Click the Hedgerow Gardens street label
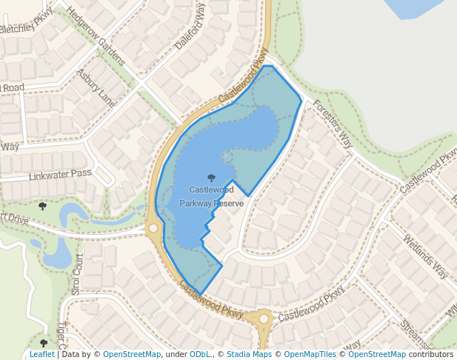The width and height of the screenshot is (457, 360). [x=95, y=36]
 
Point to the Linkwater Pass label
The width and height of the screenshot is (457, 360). [x=60, y=175]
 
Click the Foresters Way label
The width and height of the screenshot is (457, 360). [x=332, y=124]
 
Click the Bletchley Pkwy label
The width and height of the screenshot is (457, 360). [x=27, y=24]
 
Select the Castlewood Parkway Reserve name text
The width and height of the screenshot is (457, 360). [x=211, y=196]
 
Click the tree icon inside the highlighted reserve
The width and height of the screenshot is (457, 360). [x=212, y=178]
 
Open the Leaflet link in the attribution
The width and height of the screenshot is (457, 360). [x=41, y=354]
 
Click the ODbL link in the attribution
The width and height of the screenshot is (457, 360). [x=200, y=354]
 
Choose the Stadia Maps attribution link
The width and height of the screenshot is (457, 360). [x=249, y=354]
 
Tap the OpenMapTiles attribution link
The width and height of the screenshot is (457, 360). [x=310, y=354]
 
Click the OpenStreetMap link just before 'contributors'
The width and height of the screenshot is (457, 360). [x=377, y=354]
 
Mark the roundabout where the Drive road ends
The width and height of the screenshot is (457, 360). [x=154, y=228]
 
